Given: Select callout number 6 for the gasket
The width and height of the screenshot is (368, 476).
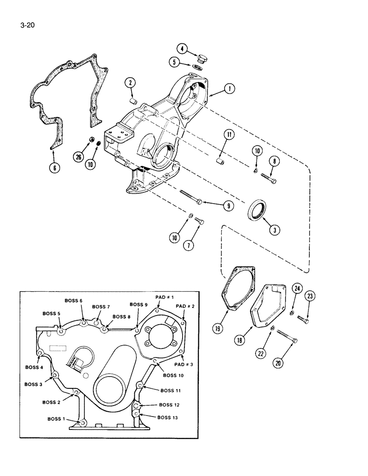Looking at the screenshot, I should (x=56, y=168).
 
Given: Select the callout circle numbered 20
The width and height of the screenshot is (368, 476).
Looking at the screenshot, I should (x=277, y=362).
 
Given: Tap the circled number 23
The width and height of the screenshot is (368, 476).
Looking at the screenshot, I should (x=310, y=296).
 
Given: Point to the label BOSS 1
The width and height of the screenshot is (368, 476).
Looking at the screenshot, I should (x=57, y=419).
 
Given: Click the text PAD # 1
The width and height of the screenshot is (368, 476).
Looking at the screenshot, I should (x=164, y=297).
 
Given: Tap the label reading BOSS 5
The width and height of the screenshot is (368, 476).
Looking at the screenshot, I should (x=51, y=314).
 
